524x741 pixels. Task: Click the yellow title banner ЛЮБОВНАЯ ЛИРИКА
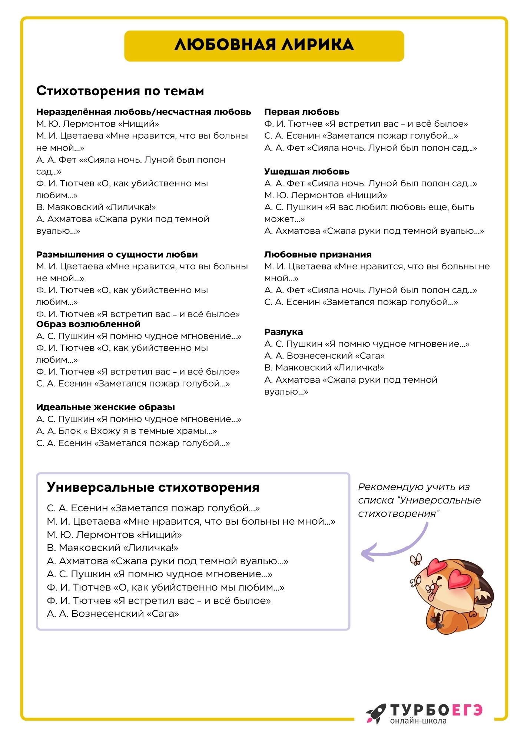pos(264,46)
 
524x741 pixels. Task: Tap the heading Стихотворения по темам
pos(120,91)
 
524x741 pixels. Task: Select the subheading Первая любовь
pos(302,112)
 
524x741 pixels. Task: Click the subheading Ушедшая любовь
pos(307,172)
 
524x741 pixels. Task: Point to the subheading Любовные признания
pos(318,255)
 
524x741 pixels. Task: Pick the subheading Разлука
pos(283,332)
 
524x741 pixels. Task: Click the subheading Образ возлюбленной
pos(88,324)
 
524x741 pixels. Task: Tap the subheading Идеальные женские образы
pos(106,407)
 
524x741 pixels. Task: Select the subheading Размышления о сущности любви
pos(117,255)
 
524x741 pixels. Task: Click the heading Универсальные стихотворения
pos(153,487)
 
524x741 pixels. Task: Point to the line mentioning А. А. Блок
pos(126,431)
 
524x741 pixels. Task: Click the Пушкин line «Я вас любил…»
pos(369,207)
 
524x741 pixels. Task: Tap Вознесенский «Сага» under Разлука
pos(324,356)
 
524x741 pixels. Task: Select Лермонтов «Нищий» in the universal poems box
pos(114,535)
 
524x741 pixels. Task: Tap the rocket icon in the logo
pos(375,713)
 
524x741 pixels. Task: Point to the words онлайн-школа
pos(418,721)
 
